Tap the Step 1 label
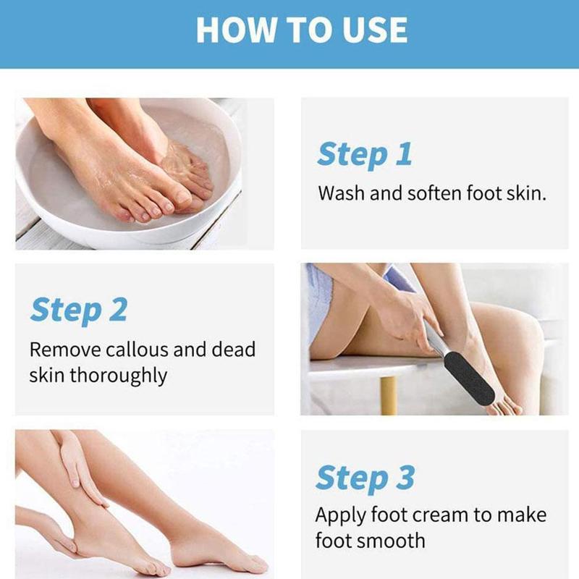point(364,154)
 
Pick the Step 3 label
point(365,478)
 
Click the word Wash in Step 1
point(337,194)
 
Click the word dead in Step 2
point(232,350)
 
